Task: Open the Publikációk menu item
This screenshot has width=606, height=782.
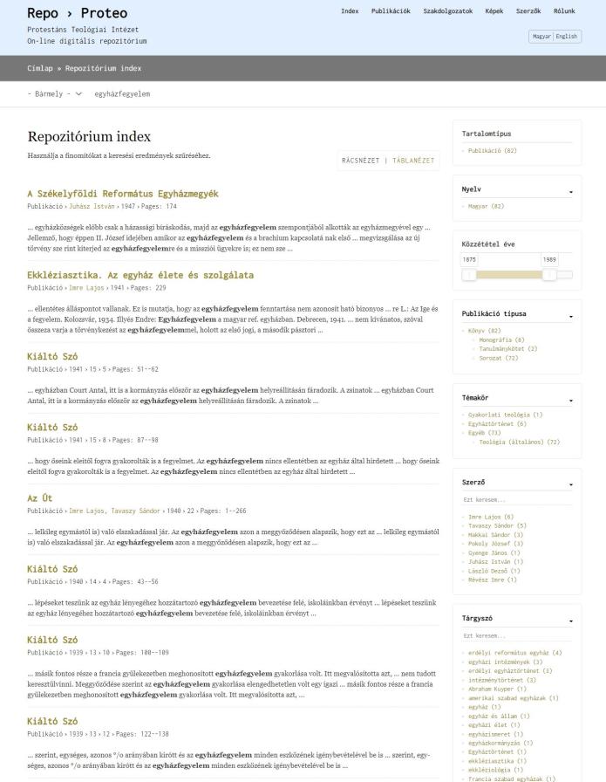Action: (x=391, y=11)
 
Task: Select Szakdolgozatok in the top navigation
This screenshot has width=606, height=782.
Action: (x=447, y=11)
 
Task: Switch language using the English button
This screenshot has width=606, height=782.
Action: (x=567, y=37)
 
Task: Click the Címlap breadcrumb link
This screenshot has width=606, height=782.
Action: (x=39, y=68)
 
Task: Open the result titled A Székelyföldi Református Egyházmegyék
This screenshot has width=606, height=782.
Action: (x=123, y=194)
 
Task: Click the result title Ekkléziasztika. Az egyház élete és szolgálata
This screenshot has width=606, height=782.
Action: (x=140, y=275)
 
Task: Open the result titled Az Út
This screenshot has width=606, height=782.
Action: (x=40, y=498)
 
